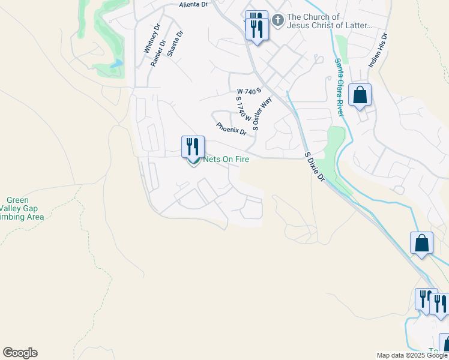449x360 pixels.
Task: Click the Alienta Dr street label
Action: point(193,4)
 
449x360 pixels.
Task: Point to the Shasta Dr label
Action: point(175,43)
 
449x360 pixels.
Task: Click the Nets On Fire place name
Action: point(226,159)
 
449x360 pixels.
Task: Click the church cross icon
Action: point(277,21)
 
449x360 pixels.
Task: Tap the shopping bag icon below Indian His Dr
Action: point(360,95)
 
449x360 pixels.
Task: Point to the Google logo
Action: point(20,353)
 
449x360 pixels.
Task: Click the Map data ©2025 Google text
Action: point(411,355)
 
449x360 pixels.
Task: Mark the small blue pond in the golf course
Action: point(116,63)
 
